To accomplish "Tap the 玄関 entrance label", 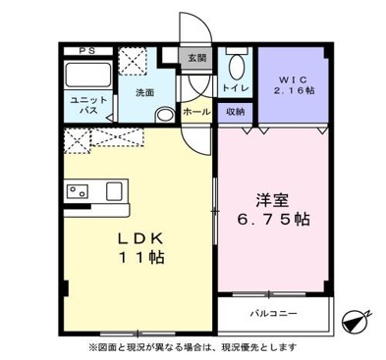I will click(198, 58).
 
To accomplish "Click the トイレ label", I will click(235, 89).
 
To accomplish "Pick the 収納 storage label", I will click(235, 112).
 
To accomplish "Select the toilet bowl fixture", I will click(236, 69).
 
